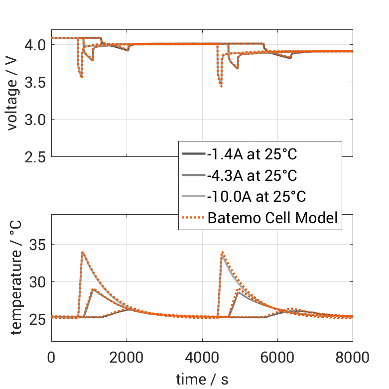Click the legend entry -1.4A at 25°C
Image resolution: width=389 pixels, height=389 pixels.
[252, 154]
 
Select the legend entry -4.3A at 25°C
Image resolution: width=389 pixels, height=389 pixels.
[252, 175]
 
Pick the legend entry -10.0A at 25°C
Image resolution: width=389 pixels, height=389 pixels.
[256, 196]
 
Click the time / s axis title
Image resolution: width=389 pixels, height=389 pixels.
[202, 380]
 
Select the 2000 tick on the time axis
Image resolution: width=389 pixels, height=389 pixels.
[127, 358]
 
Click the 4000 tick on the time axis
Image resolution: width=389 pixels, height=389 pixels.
[202, 358]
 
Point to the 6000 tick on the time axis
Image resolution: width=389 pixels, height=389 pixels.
[277, 358]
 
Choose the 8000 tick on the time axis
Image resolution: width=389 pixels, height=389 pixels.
[352, 358]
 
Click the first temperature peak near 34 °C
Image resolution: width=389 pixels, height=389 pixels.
[83, 253]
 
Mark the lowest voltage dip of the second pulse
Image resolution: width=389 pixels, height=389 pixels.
[221, 86]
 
